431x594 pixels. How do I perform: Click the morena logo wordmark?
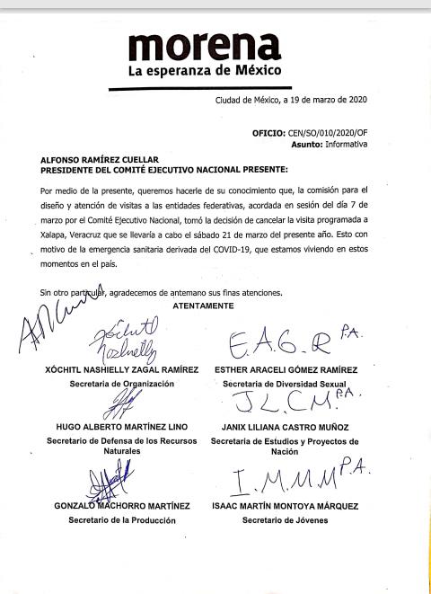click(x=205, y=44)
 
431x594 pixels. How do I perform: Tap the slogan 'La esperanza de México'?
click(x=205, y=70)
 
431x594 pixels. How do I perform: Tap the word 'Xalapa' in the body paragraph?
click(x=62, y=230)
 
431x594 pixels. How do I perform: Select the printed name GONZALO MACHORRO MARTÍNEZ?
click(x=114, y=506)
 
